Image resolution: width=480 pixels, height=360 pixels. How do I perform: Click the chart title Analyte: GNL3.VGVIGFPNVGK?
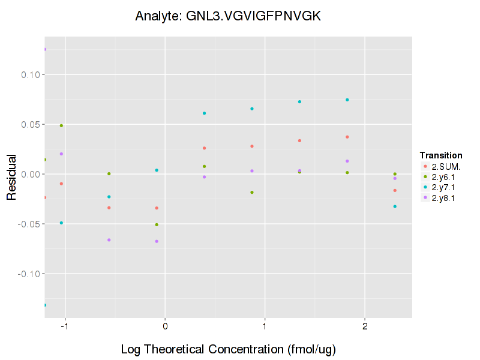227,16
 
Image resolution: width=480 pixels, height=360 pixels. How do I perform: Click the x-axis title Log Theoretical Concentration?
227,349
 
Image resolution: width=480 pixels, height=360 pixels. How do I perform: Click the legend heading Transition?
440,155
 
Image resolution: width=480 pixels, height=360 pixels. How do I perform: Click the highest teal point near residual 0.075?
347,100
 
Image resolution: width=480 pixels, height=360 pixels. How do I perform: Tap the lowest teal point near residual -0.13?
44,305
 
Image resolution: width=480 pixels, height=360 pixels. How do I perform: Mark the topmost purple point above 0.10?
44,49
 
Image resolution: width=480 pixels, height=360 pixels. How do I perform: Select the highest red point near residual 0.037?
347,137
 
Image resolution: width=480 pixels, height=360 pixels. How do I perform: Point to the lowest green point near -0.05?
157,225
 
